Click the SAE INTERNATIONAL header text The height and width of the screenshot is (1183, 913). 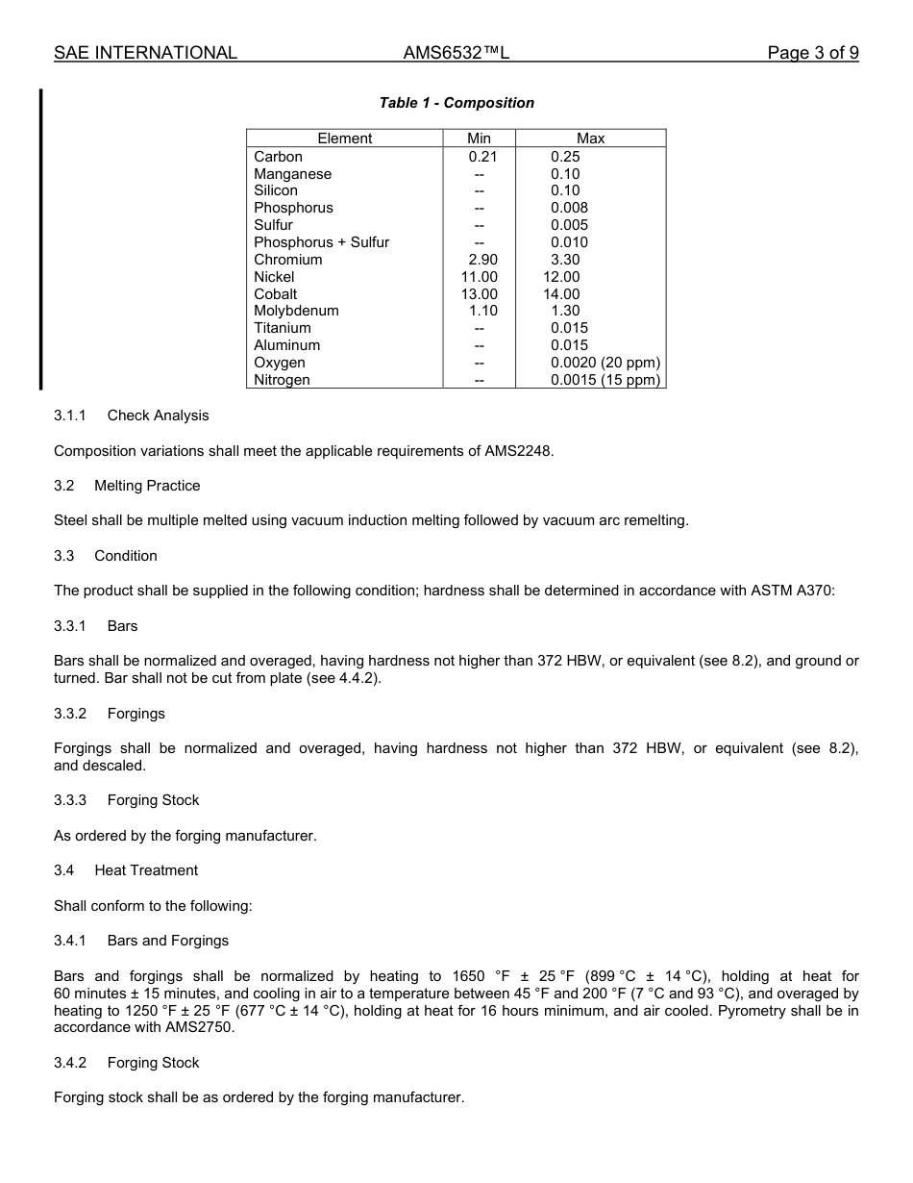point(145,53)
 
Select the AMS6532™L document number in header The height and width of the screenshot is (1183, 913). point(456,53)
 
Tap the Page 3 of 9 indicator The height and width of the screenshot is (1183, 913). point(812,53)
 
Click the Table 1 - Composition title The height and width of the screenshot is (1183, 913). point(456,103)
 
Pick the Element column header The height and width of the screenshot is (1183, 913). point(344,138)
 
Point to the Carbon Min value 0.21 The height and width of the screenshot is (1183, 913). point(482,157)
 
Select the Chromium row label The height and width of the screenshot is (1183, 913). point(288,260)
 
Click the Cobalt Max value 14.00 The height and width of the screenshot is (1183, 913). point(561,294)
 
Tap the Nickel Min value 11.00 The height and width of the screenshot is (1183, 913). point(480,277)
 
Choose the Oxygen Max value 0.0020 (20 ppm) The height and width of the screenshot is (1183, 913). point(605,363)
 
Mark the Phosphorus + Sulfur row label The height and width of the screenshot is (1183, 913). point(321,242)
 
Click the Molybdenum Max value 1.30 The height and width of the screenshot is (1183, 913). point(565,311)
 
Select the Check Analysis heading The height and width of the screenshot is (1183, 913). point(158,415)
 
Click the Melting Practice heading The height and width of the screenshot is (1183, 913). point(147,486)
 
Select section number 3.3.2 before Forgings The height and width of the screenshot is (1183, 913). point(70,714)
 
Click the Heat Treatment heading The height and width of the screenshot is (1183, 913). point(146,870)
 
